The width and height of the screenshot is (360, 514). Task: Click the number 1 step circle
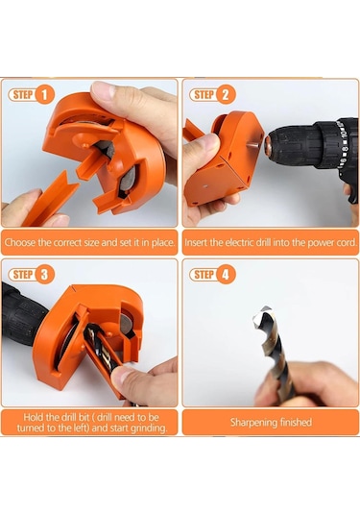(44, 95)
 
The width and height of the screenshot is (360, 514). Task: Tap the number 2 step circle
(226, 95)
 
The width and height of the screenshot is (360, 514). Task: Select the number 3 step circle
(44, 275)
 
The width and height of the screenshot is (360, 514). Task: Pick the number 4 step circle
(226, 275)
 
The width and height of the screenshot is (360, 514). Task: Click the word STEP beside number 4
(204, 275)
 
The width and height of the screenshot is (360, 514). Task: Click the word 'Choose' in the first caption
(20, 242)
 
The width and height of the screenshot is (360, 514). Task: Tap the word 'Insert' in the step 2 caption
(196, 242)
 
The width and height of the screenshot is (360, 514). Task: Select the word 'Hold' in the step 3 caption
(34, 417)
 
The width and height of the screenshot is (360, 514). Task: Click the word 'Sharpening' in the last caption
(250, 422)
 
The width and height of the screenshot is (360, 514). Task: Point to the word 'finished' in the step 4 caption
(292, 422)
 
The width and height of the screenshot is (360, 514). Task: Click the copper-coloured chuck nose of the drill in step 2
(268, 143)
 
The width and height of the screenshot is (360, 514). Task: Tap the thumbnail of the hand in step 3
(121, 377)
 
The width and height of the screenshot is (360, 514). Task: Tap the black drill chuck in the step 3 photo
(21, 316)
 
